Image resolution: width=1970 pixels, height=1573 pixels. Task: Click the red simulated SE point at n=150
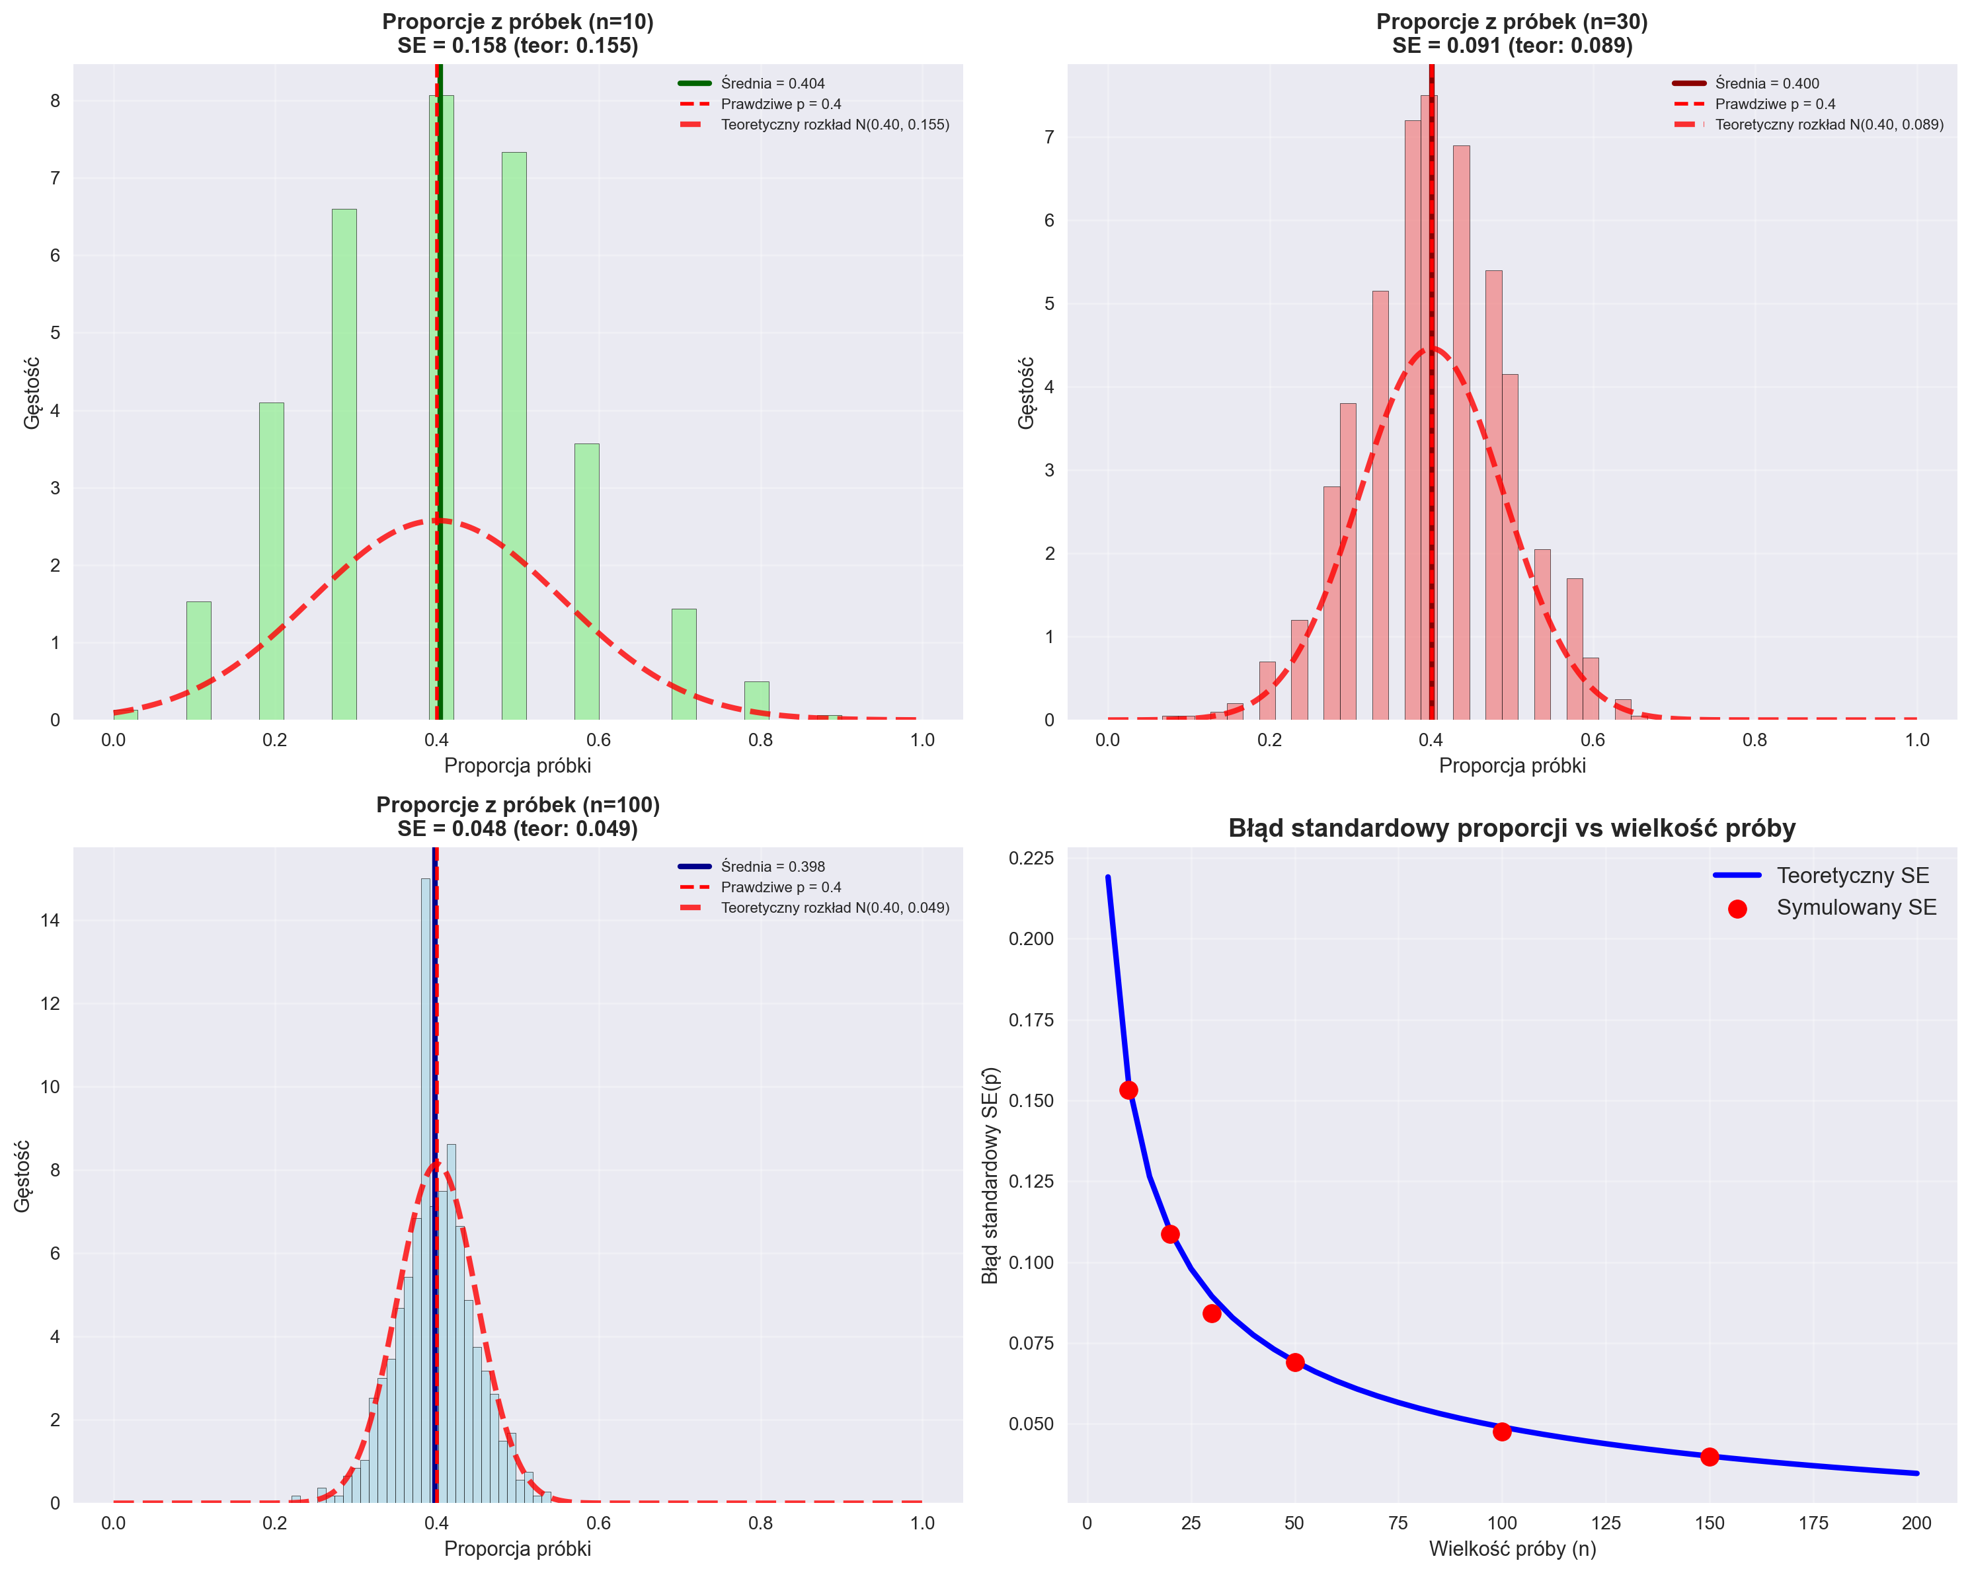pyautogui.click(x=1709, y=1456)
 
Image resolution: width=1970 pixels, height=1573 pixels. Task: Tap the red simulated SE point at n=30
pyautogui.click(x=1212, y=1313)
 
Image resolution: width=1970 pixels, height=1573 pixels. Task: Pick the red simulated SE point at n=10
pyautogui.click(x=1128, y=1090)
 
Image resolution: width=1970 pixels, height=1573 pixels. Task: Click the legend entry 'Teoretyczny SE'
pyautogui.click(x=1852, y=875)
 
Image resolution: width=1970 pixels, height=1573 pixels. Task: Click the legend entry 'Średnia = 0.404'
pyautogui.click(x=772, y=83)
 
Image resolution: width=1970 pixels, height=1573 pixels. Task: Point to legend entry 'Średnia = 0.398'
pyautogui.click(x=772, y=866)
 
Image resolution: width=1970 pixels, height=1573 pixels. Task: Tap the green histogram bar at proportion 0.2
pyautogui.click(x=272, y=561)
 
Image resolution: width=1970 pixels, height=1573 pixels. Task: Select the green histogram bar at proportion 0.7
pyautogui.click(x=684, y=664)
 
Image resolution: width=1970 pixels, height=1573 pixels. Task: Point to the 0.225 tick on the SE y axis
pyautogui.click(x=1031, y=858)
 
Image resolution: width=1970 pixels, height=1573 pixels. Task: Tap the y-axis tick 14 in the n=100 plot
pyautogui.click(x=50, y=920)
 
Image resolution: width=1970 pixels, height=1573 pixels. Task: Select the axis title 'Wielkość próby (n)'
pyautogui.click(x=1513, y=1549)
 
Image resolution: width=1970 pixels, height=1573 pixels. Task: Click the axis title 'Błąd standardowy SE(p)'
pyautogui.click(x=990, y=1176)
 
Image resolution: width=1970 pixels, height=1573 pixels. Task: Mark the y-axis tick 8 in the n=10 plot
pyautogui.click(x=55, y=100)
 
